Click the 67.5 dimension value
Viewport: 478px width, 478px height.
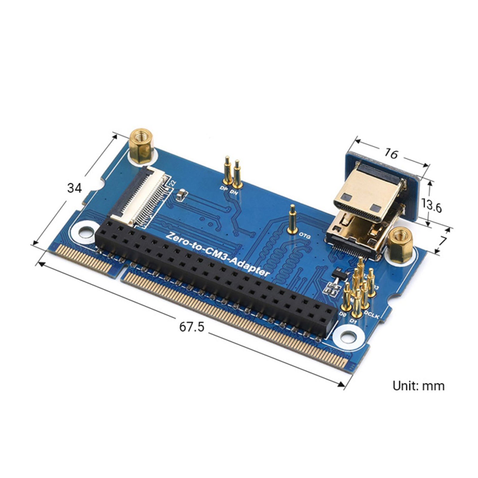click(x=191, y=327)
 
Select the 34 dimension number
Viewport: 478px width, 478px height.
click(x=74, y=188)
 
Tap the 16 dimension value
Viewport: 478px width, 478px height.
click(x=391, y=154)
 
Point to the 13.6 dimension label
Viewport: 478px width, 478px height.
click(x=431, y=206)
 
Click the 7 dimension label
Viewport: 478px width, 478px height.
click(x=443, y=241)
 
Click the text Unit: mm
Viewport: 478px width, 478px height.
click(x=418, y=386)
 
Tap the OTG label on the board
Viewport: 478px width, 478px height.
click(x=305, y=237)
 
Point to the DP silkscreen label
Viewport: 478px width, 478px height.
click(x=223, y=189)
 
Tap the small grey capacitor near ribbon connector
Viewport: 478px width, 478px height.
click(x=182, y=195)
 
